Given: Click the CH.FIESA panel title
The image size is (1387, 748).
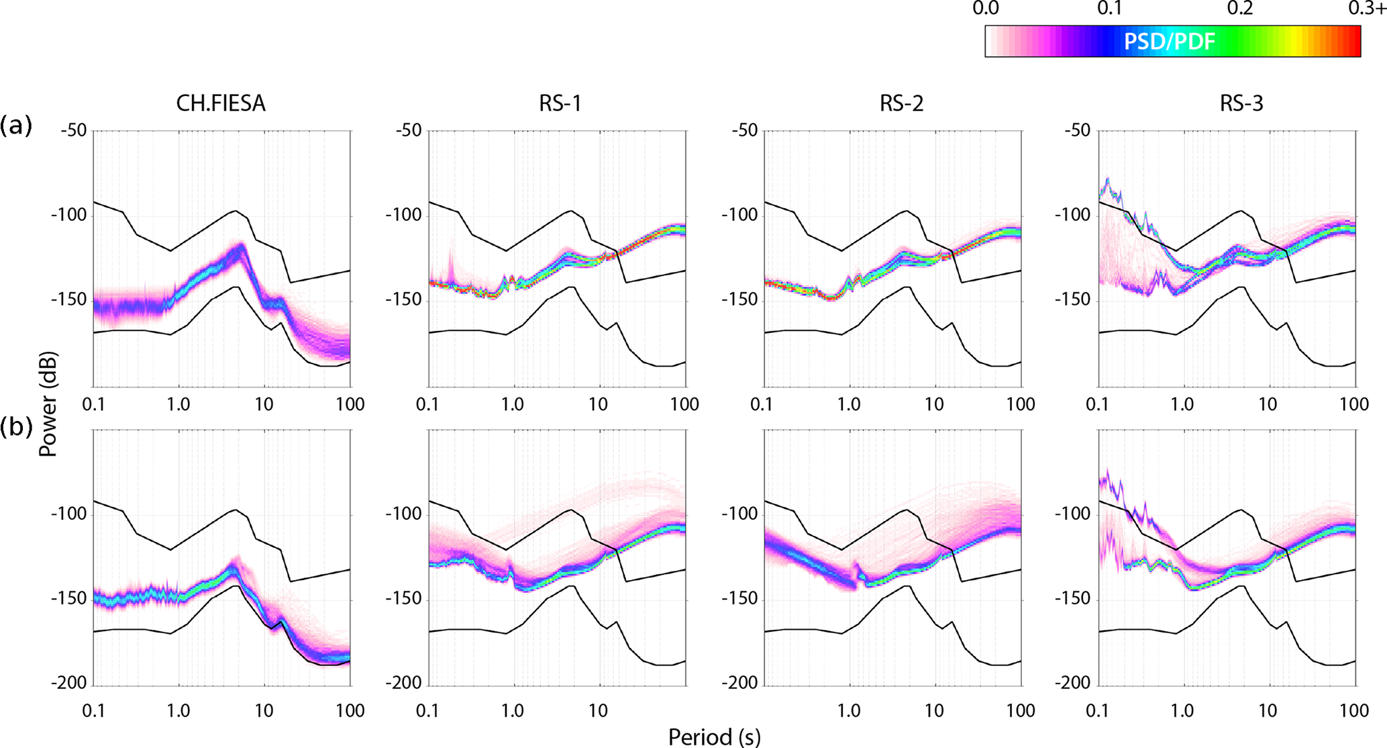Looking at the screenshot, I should pyautogui.click(x=221, y=103).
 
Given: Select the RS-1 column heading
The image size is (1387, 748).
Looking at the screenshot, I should pyautogui.click(x=560, y=103).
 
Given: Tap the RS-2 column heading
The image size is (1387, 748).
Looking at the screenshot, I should pyautogui.click(x=901, y=103).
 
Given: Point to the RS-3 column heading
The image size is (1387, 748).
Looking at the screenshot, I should pyautogui.click(x=1241, y=103).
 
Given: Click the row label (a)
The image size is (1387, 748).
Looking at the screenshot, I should pyautogui.click(x=16, y=126).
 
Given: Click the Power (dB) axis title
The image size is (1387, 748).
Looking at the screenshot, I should pyautogui.click(x=48, y=404).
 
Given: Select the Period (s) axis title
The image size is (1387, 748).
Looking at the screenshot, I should pyautogui.click(x=714, y=737).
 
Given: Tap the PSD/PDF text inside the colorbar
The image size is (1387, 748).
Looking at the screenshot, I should pyautogui.click(x=1169, y=42).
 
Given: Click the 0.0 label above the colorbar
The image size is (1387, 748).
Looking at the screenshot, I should pyautogui.click(x=985, y=9).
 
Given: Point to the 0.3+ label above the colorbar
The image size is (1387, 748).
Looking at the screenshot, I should pyautogui.click(x=1367, y=9).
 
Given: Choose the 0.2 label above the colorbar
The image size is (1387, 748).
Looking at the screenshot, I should pyautogui.click(x=1239, y=9).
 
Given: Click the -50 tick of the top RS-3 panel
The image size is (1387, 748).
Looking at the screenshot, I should pyautogui.click(x=1077, y=130).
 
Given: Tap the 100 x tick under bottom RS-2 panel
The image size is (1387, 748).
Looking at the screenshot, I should pyautogui.click(x=1021, y=710).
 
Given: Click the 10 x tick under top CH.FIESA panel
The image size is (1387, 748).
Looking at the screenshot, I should pyautogui.click(x=264, y=404).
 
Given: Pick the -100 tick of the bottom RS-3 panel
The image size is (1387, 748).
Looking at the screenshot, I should pyautogui.click(x=1074, y=514).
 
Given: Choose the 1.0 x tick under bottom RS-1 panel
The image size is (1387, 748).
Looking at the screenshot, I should pyautogui.click(x=513, y=710).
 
